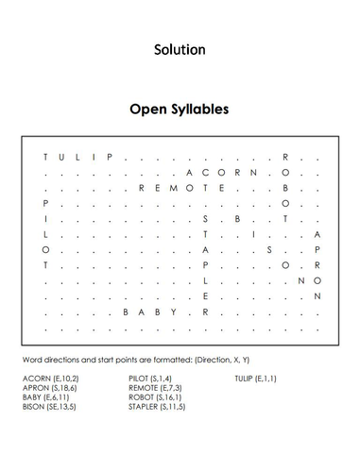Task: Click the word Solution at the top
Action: [180, 49]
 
